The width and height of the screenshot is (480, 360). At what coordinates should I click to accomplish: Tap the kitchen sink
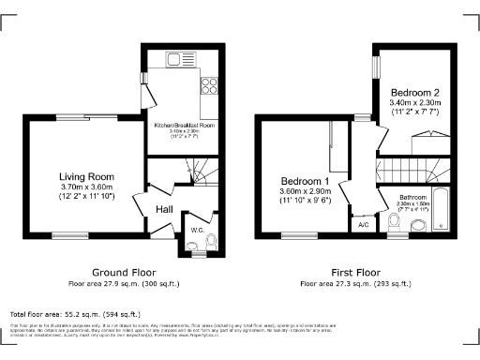pyautogui.click(x=175, y=61)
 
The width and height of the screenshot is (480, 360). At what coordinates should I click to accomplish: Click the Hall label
pyautogui.click(x=165, y=209)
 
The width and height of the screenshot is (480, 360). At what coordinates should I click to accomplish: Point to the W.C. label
pyautogui.click(x=198, y=228)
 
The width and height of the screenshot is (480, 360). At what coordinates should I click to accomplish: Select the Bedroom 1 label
pyautogui.click(x=305, y=180)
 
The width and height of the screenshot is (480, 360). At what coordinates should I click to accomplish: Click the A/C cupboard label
pyautogui.click(x=363, y=226)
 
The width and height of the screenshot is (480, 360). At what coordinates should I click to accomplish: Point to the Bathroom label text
pyautogui.click(x=412, y=197)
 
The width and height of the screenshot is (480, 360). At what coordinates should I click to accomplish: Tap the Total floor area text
pyautogui.click(x=75, y=314)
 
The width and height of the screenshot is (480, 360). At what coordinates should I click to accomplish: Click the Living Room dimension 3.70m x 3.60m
pyautogui.click(x=86, y=187)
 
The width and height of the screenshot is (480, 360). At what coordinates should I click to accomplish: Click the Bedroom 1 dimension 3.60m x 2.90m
pyautogui.click(x=305, y=191)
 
